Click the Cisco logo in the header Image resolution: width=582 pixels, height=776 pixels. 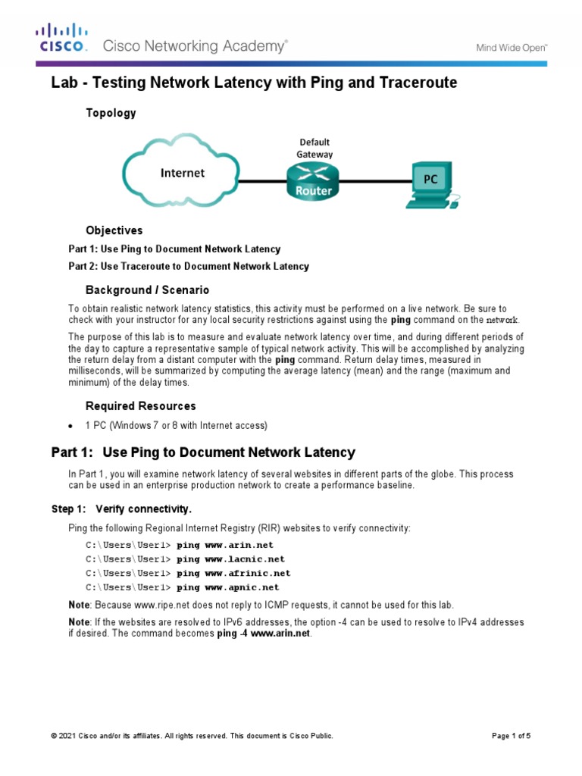pos(62,37)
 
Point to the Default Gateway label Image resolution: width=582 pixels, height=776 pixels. pos(314,147)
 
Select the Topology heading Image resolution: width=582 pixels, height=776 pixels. pos(111,113)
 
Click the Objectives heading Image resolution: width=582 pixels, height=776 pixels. pos(114,230)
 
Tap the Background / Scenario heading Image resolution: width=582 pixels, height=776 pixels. pos(147,290)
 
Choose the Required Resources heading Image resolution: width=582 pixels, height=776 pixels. pos(140,406)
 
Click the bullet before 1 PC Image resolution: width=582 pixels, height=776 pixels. pos(70,425)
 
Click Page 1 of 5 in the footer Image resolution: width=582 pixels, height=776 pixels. pos(511,736)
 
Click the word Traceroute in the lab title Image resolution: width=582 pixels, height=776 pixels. pos(415,83)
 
